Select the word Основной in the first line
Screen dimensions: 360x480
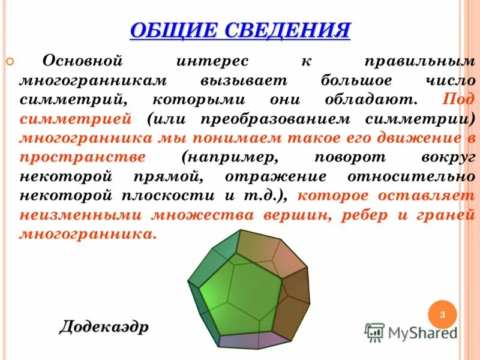83,61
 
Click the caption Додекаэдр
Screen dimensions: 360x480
103,327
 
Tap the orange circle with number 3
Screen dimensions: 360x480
442,315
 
